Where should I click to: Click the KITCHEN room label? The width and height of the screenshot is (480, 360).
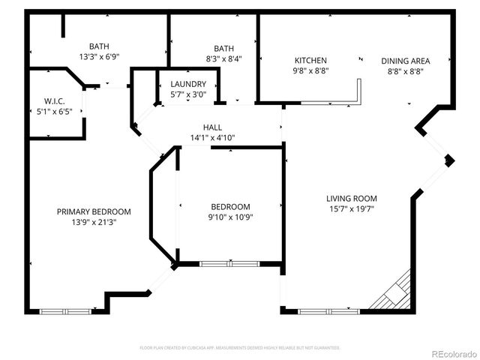pyautogui.click(x=310, y=61)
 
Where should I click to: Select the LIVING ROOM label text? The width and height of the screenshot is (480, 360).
pyautogui.click(x=350, y=199)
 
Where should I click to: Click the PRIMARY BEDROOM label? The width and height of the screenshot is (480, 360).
pyautogui.click(x=94, y=211)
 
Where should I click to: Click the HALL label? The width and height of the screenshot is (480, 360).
pyautogui.click(x=212, y=127)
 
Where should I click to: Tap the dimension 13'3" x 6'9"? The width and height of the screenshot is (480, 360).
pyautogui.click(x=99, y=56)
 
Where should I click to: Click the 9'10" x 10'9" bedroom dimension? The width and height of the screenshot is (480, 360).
pyautogui.click(x=230, y=217)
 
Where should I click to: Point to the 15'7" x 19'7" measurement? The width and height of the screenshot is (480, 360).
pyautogui.click(x=350, y=209)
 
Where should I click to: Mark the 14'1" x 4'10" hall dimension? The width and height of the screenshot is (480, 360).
pyautogui.click(x=212, y=137)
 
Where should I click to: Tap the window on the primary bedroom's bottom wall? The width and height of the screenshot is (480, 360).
pyautogui.click(x=65, y=310)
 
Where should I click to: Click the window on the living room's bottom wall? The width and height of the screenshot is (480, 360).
pyautogui.click(x=328, y=310)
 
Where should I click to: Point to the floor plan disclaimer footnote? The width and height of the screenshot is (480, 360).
pyautogui.click(x=240, y=348)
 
